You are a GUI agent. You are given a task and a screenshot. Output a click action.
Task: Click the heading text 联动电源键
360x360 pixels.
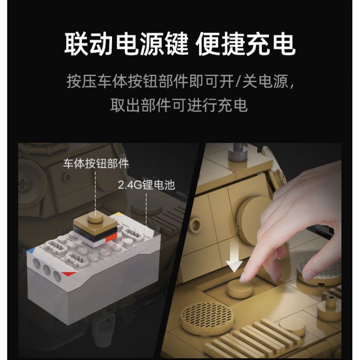(x=126, y=44)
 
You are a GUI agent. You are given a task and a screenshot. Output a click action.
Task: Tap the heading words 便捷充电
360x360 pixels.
(x=245, y=44)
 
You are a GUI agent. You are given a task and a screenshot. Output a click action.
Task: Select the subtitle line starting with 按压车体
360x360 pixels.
(x=180, y=81)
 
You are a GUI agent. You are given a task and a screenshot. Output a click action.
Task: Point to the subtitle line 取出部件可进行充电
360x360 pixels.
(x=179, y=105)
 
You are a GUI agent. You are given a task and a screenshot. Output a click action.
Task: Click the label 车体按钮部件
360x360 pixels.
(x=96, y=163)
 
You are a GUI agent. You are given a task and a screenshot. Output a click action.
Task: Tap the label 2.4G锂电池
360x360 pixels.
(x=147, y=185)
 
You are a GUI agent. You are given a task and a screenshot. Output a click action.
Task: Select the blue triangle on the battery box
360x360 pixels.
(x=32, y=250)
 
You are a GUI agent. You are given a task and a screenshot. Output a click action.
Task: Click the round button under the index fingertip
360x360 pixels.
(x=240, y=288)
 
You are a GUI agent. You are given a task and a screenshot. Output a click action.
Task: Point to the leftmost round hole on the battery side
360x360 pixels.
(x=37, y=263)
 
